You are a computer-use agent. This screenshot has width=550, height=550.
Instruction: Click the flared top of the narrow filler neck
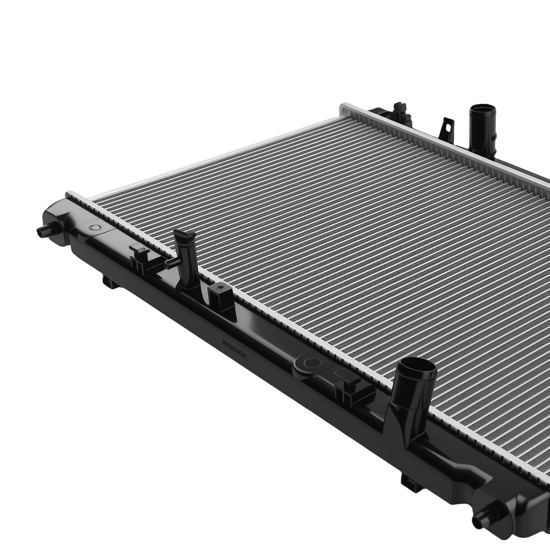185,236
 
